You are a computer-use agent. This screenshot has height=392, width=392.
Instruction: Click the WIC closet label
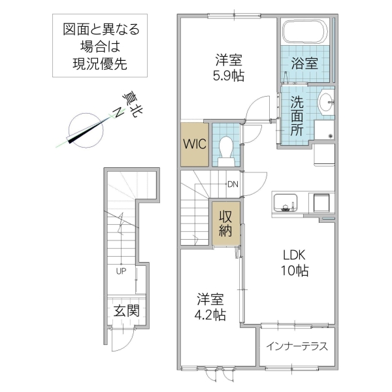[195, 143]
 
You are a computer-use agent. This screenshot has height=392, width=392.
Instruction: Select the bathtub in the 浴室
[305, 31]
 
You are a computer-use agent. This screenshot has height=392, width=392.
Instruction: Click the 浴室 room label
[304, 63]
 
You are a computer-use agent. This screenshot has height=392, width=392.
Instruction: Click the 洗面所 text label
[297, 116]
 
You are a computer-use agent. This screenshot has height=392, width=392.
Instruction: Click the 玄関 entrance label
[126, 311]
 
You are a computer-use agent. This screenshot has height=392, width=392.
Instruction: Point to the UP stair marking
[121, 270]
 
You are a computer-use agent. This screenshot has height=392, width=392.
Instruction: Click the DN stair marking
[232, 184]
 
